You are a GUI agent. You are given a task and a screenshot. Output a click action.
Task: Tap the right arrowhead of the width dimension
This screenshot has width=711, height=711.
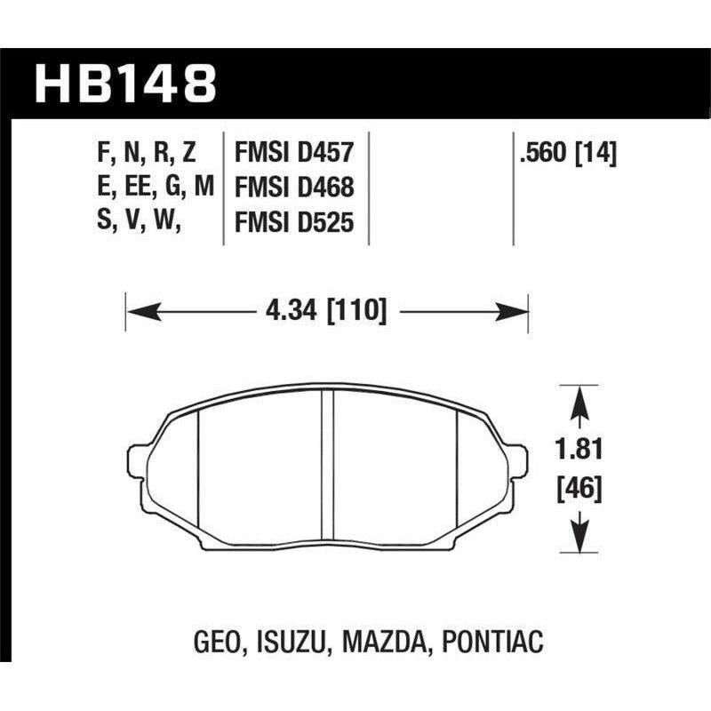tap(518, 311)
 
